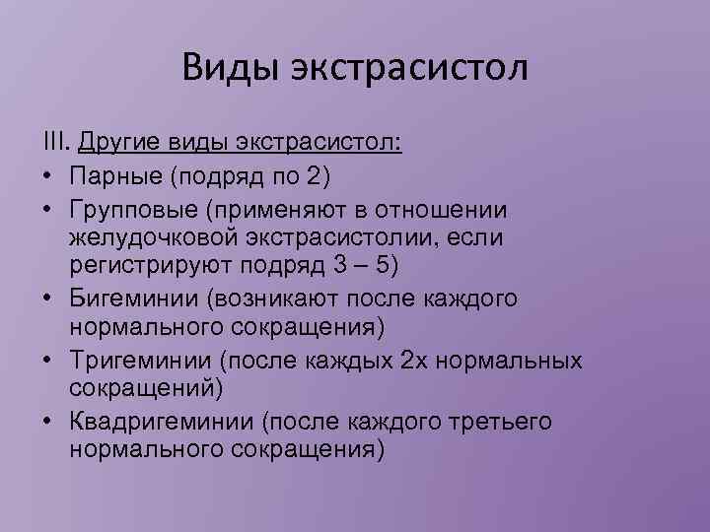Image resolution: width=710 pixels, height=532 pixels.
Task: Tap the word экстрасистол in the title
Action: click(411, 69)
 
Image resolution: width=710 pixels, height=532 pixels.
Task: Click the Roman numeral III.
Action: click(53, 145)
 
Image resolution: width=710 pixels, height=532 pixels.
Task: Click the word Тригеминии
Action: click(137, 360)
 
